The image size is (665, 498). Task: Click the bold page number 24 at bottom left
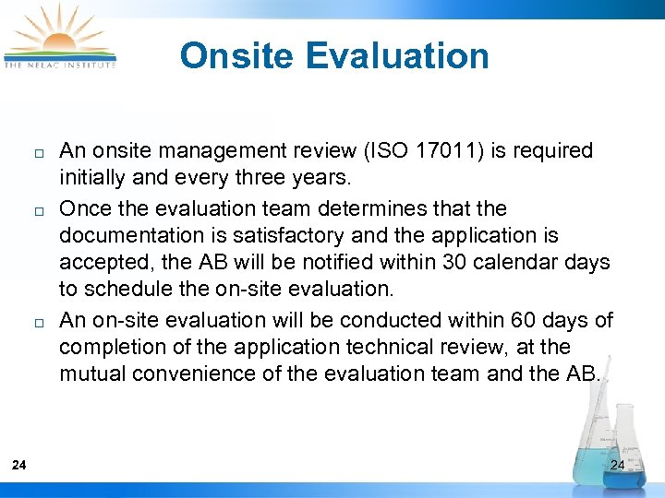click(19, 465)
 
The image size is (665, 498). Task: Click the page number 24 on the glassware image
click(618, 465)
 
